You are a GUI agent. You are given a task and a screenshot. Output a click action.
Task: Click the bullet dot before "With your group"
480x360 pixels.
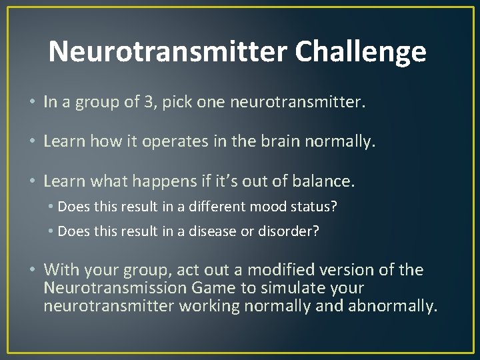[x=33, y=270]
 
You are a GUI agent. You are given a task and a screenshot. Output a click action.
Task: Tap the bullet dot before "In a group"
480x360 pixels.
[x=33, y=103]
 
